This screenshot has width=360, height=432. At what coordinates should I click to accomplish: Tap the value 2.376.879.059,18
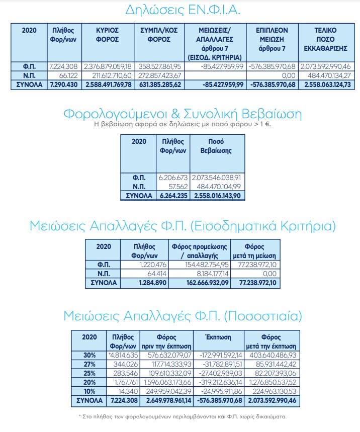pos(109,66)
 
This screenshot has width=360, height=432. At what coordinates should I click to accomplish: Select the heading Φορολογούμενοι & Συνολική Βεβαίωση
pos(182,114)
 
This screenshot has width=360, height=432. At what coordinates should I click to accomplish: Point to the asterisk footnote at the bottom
pos(183,417)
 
